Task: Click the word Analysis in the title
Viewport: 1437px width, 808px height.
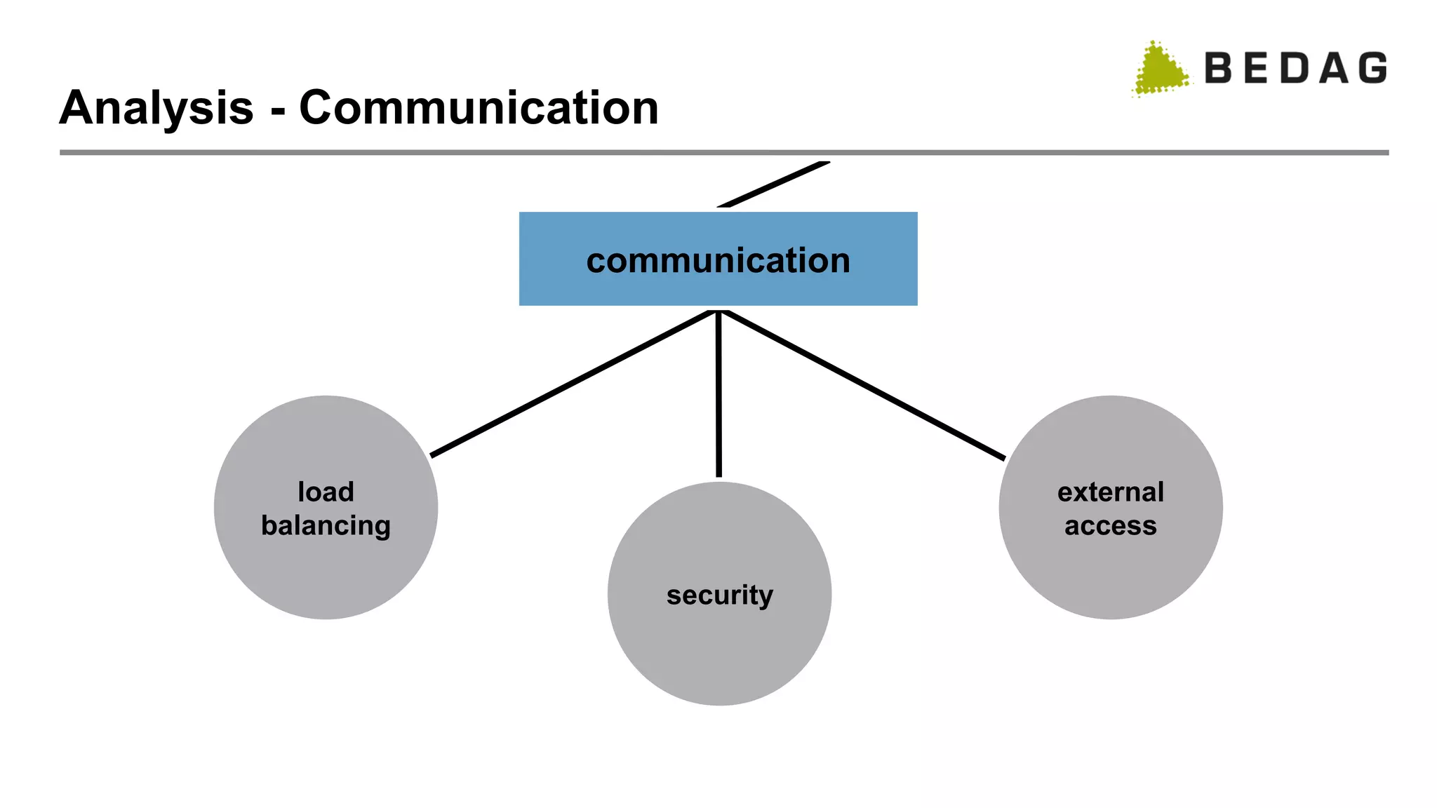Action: pyautogui.click(x=156, y=109)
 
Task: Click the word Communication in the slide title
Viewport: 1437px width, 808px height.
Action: pyautogui.click(x=479, y=109)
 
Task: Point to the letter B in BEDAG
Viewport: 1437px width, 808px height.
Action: pyautogui.click(x=1219, y=69)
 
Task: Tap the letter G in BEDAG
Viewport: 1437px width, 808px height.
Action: pyautogui.click(x=1372, y=69)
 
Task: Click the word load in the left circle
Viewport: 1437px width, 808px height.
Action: pyautogui.click(x=326, y=492)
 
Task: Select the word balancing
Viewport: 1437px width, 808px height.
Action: pyautogui.click(x=326, y=526)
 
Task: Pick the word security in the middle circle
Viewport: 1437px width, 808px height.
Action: pyautogui.click(x=719, y=595)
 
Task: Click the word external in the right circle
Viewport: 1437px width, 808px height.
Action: pyautogui.click(x=1110, y=492)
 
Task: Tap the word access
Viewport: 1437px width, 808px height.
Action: pyautogui.click(x=1110, y=526)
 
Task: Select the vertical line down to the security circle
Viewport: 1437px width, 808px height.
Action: pyautogui.click(x=718, y=393)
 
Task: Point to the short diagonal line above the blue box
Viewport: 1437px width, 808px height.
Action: pyautogui.click(x=774, y=184)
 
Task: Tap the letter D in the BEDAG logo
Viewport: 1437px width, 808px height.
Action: pyautogui.click(x=1295, y=69)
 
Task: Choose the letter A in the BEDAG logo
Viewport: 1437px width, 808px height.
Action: pyautogui.click(x=1334, y=69)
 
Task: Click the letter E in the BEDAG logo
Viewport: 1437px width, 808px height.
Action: pyautogui.click(x=1257, y=69)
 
